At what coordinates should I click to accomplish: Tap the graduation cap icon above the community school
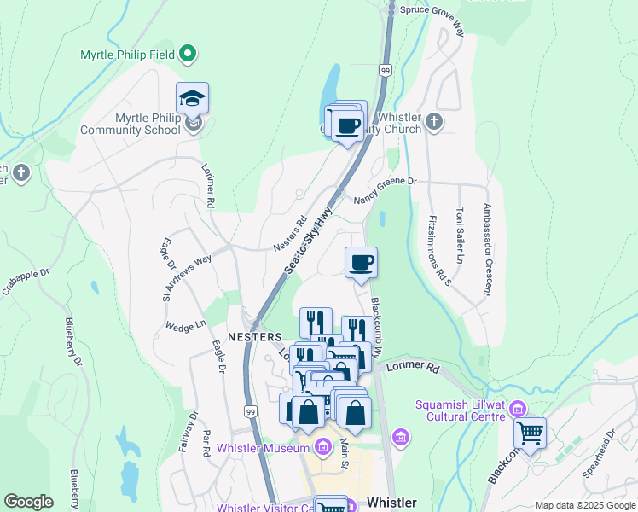[x=193, y=98]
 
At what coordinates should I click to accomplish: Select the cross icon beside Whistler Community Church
[x=434, y=120]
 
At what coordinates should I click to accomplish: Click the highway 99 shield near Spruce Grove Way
[x=386, y=70]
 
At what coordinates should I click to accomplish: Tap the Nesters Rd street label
[x=290, y=233]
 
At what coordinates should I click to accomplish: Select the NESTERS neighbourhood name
[x=255, y=337]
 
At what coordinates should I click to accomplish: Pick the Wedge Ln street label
[x=186, y=325]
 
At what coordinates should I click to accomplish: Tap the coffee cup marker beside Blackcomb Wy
[x=361, y=261]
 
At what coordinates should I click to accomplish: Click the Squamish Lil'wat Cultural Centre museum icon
[x=516, y=411]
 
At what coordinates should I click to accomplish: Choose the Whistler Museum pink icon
[x=322, y=447]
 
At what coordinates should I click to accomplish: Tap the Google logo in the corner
[x=28, y=502]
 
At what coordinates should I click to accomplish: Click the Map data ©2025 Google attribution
[x=584, y=505]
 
